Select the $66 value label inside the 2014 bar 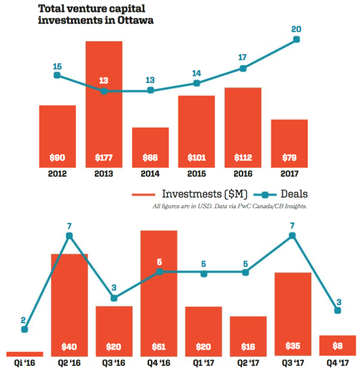click(150, 158)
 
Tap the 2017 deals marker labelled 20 click(296, 40)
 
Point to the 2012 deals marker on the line click(57, 75)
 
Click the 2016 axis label click(243, 174)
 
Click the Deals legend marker click(270, 194)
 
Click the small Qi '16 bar click(25, 353)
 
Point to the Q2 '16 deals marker click(69, 236)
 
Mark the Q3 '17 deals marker click(292, 236)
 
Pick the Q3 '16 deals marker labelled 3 click(114, 298)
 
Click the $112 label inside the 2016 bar click(243, 158)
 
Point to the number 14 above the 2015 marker click(196, 73)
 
